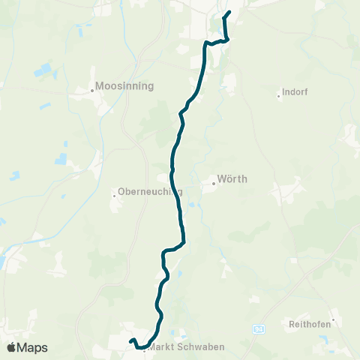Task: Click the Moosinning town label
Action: (x=125, y=85)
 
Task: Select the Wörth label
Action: (x=232, y=179)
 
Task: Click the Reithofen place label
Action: (x=310, y=325)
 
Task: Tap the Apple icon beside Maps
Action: (x=11, y=347)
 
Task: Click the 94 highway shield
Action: (x=259, y=328)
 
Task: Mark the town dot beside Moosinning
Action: (x=92, y=90)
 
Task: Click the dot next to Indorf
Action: (x=278, y=95)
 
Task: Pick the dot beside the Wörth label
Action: (x=212, y=180)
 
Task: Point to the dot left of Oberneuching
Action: (x=114, y=195)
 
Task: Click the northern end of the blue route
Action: (x=229, y=12)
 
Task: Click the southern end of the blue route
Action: (x=130, y=342)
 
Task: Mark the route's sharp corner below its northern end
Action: (x=226, y=39)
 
